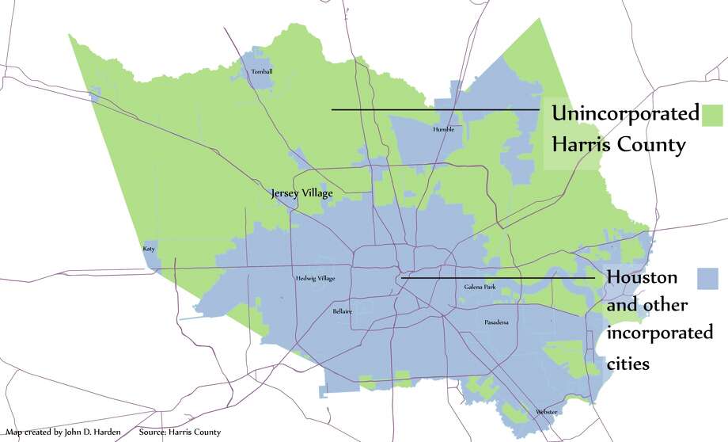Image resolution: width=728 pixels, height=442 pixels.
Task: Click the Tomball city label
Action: pos(261,72)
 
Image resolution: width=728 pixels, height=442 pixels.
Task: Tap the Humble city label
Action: pos(444,129)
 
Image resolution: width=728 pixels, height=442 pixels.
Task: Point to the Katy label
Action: pos(149,249)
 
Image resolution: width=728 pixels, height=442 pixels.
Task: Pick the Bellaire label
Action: pos(343,312)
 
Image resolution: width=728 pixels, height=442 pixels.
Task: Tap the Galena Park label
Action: pos(480,287)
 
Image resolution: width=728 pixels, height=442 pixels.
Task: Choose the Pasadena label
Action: pos(496,323)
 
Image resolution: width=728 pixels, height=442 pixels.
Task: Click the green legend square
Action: pos(713,114)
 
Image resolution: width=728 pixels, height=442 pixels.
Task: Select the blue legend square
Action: pos(707,278)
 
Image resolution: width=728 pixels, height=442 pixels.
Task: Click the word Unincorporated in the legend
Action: pos(625,114)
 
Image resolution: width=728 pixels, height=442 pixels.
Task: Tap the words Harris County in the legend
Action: pos(618,146)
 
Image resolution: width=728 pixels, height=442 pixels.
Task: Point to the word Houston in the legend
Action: pos(642,278)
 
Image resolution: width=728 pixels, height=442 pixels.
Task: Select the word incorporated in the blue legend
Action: pos(659,333)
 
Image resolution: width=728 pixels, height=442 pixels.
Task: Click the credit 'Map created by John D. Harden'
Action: pos(60,432)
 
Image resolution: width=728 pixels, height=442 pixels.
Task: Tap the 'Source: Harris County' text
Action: pos(174,432)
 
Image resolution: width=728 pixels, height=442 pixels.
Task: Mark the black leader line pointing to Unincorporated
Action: pos(435,109)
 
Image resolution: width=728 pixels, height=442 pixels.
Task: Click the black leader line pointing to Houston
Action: pos(499,278)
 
